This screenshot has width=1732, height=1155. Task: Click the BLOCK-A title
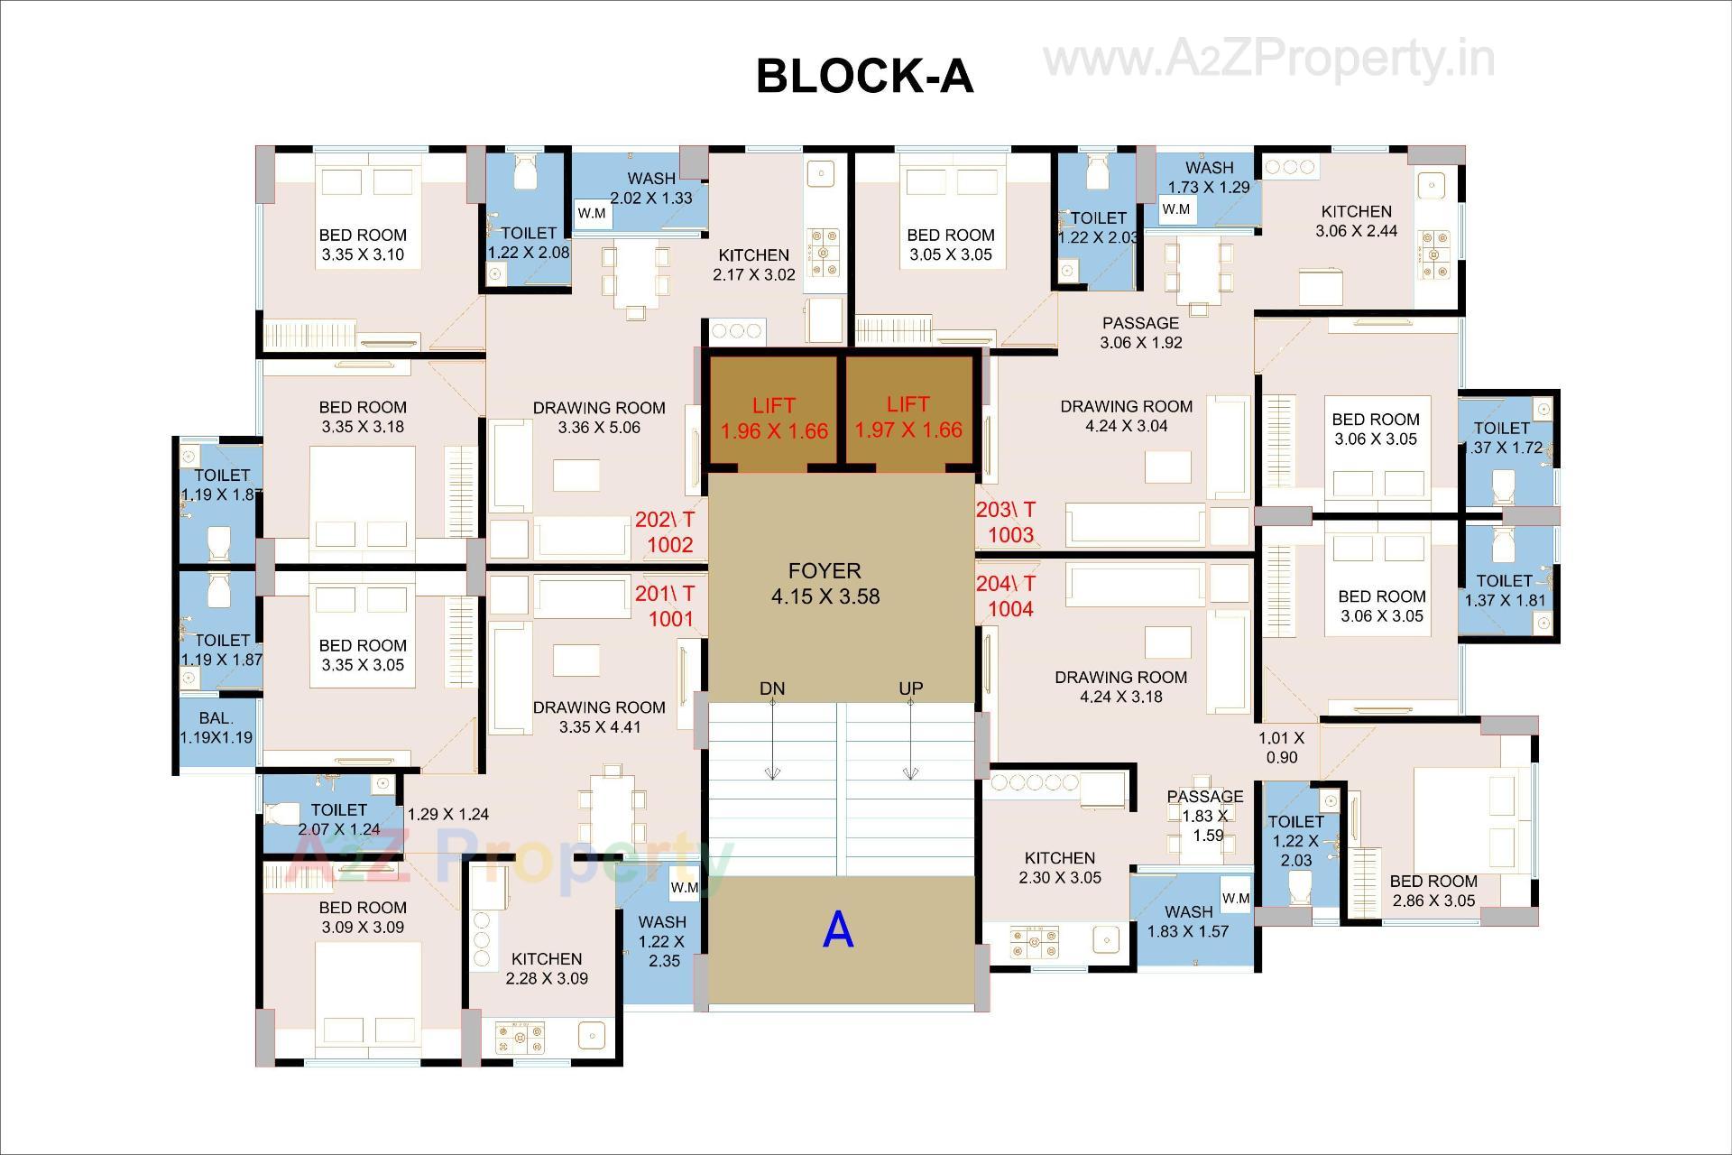pos(864,76)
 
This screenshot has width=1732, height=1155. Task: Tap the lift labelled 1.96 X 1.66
pos(774,418)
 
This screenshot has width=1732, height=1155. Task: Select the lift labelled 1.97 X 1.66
pos(908,417)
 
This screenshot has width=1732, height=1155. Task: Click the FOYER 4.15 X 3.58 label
pos(825,584)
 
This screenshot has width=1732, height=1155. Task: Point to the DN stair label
pos(772,688)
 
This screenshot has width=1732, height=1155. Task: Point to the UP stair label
pos(911,688)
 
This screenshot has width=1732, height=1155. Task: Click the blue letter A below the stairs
pos(838,929)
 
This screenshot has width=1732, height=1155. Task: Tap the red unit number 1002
pos(670,545)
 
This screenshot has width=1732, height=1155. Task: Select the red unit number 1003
pos(1010,535)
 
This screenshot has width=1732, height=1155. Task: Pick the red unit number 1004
pos(1010,609)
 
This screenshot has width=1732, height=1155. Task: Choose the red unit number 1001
pos(670,619)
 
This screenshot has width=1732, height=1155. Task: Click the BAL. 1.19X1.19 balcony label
pos(216,727)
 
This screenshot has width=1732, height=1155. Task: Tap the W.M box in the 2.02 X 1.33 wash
pos(592,214)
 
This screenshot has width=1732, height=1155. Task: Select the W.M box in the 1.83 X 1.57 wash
pos(1236,899)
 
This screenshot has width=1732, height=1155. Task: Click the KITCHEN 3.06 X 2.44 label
pos(1356,221)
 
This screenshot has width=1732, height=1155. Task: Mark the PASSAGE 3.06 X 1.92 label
pos(1140,333)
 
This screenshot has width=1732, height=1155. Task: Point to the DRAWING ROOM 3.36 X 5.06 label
pos(599,418)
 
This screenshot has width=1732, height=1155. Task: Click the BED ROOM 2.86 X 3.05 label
pos(1433,891)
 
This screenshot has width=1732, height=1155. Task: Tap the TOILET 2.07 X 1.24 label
pos(339,819)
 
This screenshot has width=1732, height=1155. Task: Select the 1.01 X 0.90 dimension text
pos(1281,748)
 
